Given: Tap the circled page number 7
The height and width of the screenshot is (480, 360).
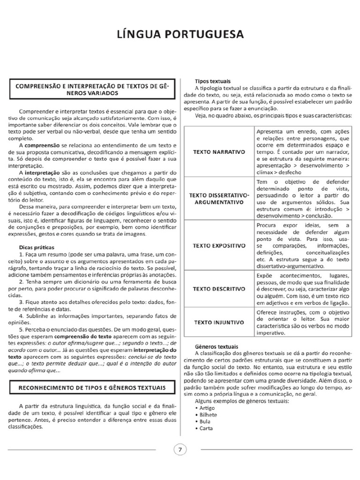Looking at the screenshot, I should click(x=180, y=450).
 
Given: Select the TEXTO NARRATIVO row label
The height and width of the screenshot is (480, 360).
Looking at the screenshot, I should click(x=219, y=152).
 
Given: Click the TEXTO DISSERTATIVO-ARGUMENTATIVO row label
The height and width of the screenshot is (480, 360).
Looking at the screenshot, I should click(x=219, y=198).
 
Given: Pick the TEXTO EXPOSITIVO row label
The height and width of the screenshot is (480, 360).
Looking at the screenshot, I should click(x=219, y=246).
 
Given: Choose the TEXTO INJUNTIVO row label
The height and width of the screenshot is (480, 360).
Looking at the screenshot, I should click(x=219, y=322).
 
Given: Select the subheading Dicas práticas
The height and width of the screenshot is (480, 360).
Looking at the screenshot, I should click(x=37, y=246).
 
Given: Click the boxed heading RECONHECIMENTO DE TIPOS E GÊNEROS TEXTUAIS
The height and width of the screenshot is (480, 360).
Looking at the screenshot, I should click(x=92, y=388).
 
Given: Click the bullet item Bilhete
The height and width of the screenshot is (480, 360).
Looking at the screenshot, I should click(x=208, y=415).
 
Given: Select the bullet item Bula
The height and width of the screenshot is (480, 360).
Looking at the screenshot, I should click(x=205, y=421).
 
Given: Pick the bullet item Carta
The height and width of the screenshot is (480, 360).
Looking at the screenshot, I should click(x=206, y=428).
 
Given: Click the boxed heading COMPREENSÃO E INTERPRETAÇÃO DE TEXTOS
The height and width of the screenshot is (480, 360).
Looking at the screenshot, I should click(x=92, y=89).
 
